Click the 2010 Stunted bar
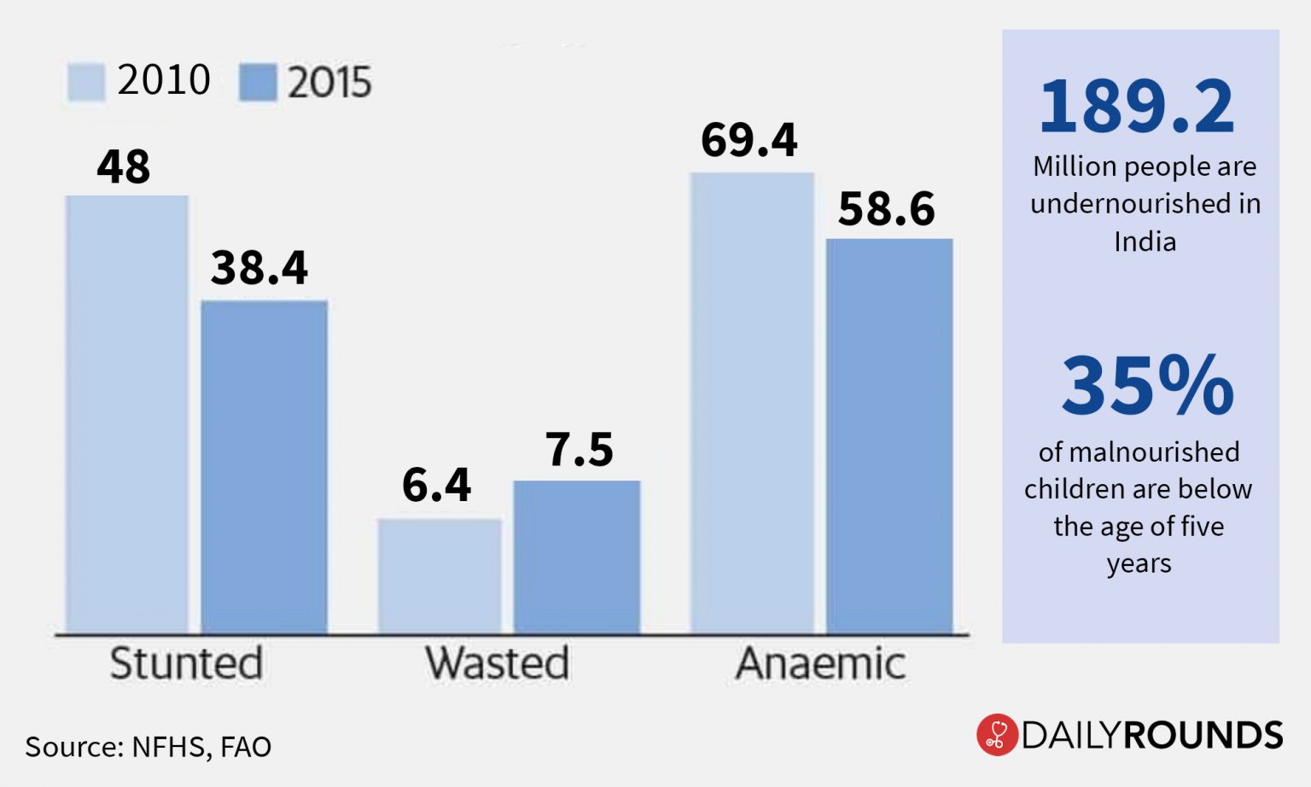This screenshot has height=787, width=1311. point(126,414)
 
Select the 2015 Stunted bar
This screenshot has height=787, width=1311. point(264,467)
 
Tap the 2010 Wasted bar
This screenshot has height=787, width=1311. point(440,576)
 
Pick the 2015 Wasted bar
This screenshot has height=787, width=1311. point(576,557)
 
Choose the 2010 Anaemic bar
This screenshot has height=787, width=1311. point(751,403)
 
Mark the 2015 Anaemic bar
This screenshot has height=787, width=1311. point(889,435)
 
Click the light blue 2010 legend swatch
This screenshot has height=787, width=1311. point(86,82)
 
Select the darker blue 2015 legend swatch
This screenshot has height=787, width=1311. point(258,83)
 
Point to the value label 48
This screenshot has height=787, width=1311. point(124,166)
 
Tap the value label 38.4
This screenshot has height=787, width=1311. point(259,268)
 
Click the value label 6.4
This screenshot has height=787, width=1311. point(436,486)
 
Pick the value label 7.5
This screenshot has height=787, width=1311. point(580,450)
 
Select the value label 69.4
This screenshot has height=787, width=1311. point(749,140)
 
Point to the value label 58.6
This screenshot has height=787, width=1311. point(887,209)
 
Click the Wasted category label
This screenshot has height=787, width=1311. point(498,663)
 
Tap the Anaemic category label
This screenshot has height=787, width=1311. point(820,663)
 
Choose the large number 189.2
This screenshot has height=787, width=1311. point(1137,107)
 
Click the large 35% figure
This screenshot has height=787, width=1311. point(1147,386)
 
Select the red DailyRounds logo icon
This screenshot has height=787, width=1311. point(996,735)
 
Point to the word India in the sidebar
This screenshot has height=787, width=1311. point(1145,242)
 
